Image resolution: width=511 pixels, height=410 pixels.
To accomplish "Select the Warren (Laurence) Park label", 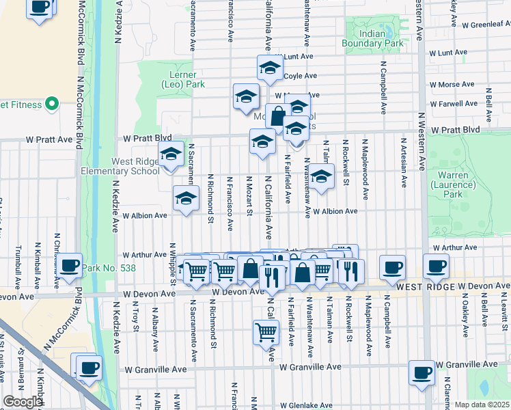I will click(453, 180).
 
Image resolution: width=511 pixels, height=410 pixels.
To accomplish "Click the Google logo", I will click(23, 402).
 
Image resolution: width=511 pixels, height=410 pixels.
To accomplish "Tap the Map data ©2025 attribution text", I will click(482, 405).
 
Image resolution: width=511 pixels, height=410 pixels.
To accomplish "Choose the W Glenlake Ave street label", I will click(309, 405).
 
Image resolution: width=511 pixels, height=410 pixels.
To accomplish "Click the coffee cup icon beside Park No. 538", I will click(69, 266).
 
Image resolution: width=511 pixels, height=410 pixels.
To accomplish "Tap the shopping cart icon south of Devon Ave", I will click(266, 333).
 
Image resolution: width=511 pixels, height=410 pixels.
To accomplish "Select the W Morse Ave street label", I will click(451, 85).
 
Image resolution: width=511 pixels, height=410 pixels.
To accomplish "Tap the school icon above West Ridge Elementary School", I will click(171, 154).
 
